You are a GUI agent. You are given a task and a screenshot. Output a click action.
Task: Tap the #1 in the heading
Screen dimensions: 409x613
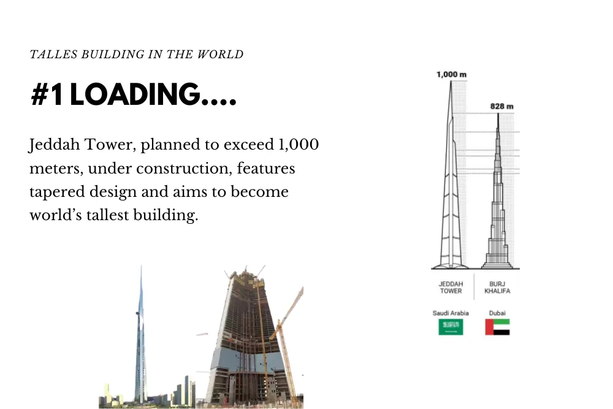[x=47, y=96]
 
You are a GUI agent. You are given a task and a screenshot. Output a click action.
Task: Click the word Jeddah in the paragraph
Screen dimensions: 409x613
[x=52, y=145]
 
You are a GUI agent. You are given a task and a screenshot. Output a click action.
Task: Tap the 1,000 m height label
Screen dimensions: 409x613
[x=451, y=74]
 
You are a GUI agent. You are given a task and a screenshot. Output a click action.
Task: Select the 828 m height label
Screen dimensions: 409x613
[x=501, y=106]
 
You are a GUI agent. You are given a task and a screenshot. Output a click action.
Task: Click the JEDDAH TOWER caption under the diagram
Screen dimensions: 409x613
[x=451, y=287]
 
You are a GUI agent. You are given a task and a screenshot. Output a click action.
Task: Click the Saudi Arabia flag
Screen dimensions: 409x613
[x=451, y=327]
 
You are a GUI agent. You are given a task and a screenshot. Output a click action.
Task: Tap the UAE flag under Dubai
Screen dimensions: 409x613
[x=497, y=327]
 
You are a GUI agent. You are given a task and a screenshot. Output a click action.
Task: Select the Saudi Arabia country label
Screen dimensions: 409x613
[x=451, y=313]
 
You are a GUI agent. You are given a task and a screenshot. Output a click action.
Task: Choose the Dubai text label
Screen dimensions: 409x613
[x=497, y=313]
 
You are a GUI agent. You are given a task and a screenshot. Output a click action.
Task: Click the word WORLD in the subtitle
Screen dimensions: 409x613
[x=220, y=54]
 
